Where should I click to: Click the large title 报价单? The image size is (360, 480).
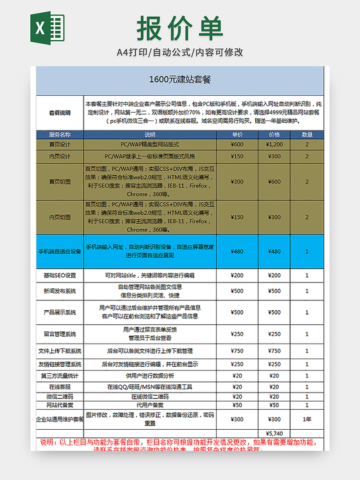coord(179,28)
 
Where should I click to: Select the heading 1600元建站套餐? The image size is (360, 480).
coord(180,80)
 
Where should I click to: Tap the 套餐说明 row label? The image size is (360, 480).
coord(60,112)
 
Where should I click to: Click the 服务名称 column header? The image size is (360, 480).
coord(60,134)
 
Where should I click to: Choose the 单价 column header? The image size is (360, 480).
coord(237,134)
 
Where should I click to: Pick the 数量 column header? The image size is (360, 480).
coord(307,134)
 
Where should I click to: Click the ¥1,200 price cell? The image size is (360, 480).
coord(274,145)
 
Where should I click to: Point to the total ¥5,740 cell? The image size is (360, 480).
coord(274,433)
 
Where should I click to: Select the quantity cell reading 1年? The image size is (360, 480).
coord(307,419)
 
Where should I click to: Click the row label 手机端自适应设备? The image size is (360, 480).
coord(60,252)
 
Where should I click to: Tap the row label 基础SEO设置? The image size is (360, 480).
coord(60,275)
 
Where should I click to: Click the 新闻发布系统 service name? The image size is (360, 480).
coord(60,291)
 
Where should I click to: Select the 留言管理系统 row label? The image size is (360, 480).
coord(60,334)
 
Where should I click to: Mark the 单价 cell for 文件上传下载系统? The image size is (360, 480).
coord(237,351)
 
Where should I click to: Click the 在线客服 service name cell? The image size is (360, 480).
coord(60,387)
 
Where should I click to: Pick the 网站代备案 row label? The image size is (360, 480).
coord(60,405)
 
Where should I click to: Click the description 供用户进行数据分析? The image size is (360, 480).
coord(150,376)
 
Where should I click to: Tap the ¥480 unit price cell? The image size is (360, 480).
coord(237,252)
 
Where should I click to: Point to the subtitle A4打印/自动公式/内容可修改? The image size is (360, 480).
coord(180,52)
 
